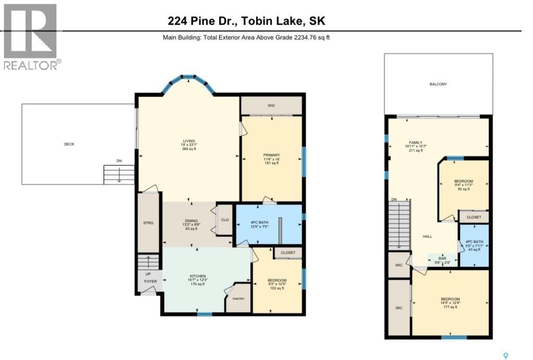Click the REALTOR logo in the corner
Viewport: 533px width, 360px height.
[x=31, y=37]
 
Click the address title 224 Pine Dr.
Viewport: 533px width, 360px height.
[x=247, y=21]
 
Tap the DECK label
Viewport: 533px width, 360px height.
[x=69, y=144]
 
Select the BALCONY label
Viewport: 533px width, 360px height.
[x=438, y=84]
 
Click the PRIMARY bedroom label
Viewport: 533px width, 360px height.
[x=271, y=155]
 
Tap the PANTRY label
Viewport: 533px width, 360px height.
[x=238, y=299]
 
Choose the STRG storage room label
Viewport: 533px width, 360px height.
[x=148, y=223]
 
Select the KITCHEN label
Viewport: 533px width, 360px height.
[x=197, y=276]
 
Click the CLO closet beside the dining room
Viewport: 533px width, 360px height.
[x=225, y=220]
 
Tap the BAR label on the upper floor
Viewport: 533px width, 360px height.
[x=442, y=258]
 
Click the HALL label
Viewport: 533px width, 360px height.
[x=427, y=236]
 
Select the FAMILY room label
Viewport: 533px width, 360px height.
[x=415, y=142]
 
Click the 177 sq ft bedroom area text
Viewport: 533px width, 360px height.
[x=450, y=307]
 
